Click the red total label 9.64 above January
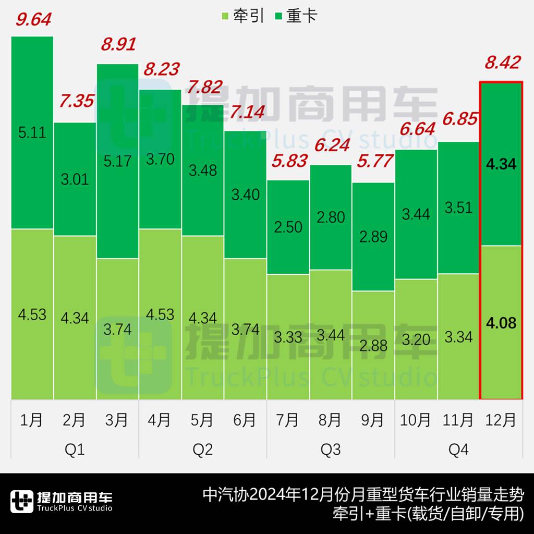[x=33, y=19]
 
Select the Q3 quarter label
[x=331, y=449]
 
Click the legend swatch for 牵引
[x=225, y=16]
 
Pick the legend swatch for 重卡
[x=278, y=16]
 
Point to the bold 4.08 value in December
[x=501, y=323]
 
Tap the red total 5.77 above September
[x=374, y=161]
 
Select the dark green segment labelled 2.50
[x=288, y=227]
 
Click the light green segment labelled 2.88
[x=373, y=345]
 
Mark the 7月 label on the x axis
[x=287, y=419]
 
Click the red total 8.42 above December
[x=502, y=63]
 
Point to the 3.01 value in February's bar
[x=75, y=179]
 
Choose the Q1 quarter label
[x=75, y=449]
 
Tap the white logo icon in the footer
[x=21, y=502]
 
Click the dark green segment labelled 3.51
[x=458, y=208]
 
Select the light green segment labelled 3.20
[x=416, y=339]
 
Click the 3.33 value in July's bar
[x=288, y=337]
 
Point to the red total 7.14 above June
[x=247, y=111]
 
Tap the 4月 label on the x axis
[x=160, y=419]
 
